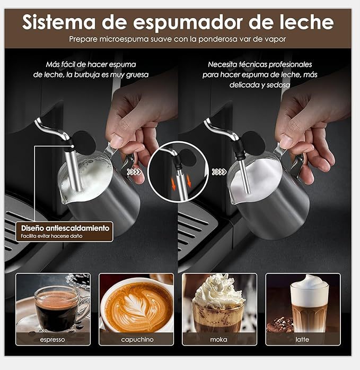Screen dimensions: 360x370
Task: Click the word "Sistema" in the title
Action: [59, 22]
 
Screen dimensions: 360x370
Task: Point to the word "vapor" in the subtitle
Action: [275, 39]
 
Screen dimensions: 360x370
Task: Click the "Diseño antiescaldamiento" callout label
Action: [65, 228]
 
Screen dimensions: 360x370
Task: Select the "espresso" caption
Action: [52, 340]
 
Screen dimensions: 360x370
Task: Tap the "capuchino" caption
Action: [137, 340]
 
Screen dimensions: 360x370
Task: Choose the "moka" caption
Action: [218, 340]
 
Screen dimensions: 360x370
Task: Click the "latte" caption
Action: [302, 340]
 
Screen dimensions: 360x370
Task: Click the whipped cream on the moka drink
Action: [218, 291]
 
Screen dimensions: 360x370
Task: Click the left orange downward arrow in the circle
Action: [174, 184]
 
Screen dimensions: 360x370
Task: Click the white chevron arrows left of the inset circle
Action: [134, 172]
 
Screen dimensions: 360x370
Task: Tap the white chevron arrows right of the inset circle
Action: [219, 172]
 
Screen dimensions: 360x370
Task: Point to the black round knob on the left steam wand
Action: [84, 143]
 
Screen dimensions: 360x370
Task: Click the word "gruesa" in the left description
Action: [137, 75]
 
